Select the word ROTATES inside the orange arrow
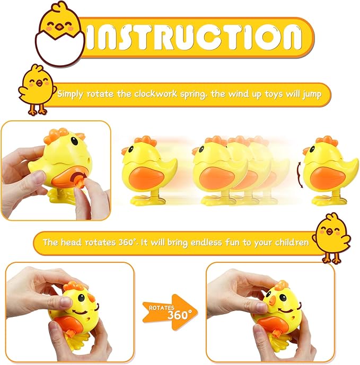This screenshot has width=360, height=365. (x=161, y=307)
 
